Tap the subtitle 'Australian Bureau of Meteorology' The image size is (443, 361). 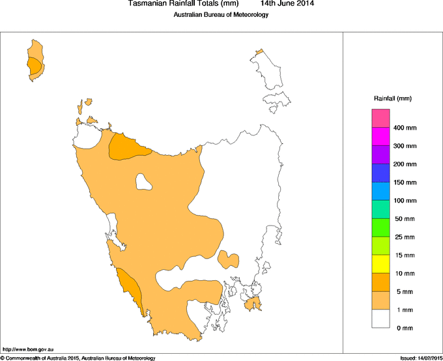pyautogui.click(x=221, y=14)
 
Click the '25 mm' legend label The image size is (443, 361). pyautogui.click(x=405, y=237)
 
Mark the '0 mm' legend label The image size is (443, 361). pyautogui.click(x=405, y=328)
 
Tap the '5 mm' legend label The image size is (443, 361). pyautogui.click(x=405, y=291)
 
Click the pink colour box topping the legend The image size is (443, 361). pyautogui.click(x=380, y=119)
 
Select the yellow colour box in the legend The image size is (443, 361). pyautogui.click(x=380, y=264)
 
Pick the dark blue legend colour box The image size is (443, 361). pyautogui.click(x=380, y=173)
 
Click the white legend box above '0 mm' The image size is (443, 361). pyautogui.click(x=380, y=319)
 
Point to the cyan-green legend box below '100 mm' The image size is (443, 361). pyautogui.click(x=380, y=210)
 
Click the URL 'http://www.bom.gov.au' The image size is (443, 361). pyautogui.click(x=27, y=349)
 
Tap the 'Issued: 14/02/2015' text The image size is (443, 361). pyautogui.click(x=421, y=358)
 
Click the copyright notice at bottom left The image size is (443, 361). pyautogui.click(x=78, y=358)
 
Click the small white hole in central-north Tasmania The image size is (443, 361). pyautogui.click(x=143, y=180)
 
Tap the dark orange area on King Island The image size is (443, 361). pyautogui.click(x=34, y=66)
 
